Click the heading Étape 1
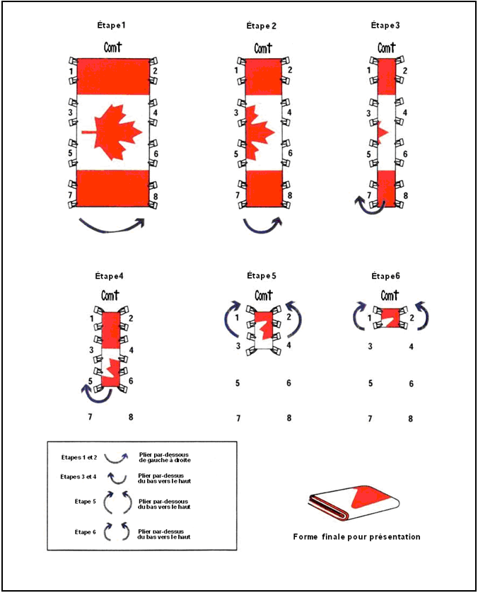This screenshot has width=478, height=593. pos(111,25)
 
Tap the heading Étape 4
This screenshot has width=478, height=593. pos(109,277)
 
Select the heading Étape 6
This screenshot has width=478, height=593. pos(385,277)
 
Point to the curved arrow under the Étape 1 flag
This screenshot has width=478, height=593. pos(112,226)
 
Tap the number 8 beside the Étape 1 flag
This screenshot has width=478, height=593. pos(156,197)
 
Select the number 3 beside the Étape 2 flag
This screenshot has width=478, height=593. pos(236,113)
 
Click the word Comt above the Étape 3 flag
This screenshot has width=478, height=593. pos(387,48)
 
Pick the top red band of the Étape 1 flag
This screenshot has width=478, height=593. pos(113,76)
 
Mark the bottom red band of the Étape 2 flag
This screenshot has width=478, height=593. pos(264,188)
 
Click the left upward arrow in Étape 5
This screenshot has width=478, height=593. pos(231,318)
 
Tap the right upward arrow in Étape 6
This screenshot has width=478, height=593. pos(424,315)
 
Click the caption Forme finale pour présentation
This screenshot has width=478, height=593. pos(356,536)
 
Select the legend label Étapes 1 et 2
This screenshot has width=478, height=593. pos(79,458)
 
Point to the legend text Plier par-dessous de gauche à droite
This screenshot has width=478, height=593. pos(164,458)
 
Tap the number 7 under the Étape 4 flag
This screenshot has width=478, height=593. pos(90,417)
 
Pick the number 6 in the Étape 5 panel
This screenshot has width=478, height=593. pos(288,383)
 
